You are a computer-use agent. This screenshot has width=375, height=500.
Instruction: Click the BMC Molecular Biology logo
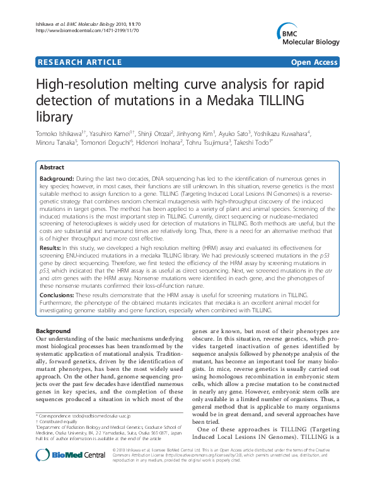point(306,37)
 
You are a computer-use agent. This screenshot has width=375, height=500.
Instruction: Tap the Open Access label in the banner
point(314,62)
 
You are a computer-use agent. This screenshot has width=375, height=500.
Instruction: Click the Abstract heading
point(52,168)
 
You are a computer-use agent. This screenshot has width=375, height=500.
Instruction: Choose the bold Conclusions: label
point(62,295)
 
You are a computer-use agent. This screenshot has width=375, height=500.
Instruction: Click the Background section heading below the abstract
point(53,331)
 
